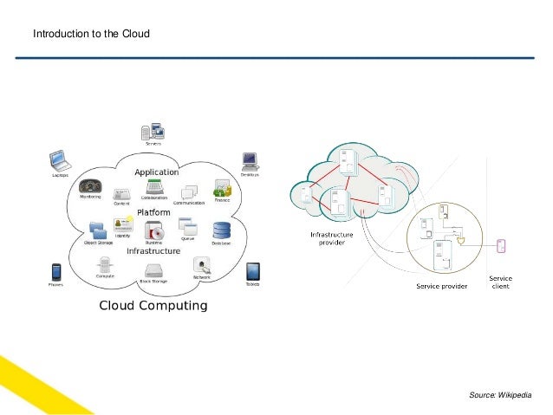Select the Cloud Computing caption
(153, 306)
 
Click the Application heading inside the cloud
(156, 172)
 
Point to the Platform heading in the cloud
(153, 212)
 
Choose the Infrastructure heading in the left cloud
(153, 251)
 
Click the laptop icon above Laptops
(60, 159)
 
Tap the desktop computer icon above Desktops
(250, 160)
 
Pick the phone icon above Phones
(55, 271)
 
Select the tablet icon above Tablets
(252, 271)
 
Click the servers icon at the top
(153, 132)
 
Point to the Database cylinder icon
(223, 230)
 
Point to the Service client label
(501, 281)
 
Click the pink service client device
(500, 246)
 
